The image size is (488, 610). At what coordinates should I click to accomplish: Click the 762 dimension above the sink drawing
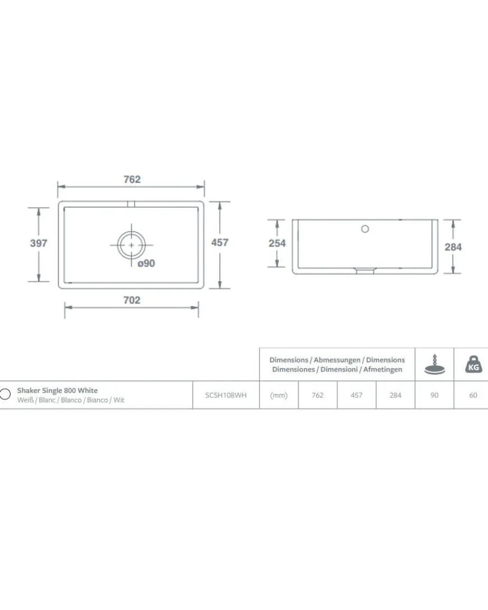click(x=132, y=180)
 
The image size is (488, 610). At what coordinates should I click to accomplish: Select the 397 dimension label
click(x=39, y=243)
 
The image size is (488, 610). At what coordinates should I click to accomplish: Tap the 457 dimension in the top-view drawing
click(x=220, y=242)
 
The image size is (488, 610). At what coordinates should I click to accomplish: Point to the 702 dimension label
click(x=132, y=300)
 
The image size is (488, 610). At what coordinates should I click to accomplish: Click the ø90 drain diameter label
click(x=146, y=263)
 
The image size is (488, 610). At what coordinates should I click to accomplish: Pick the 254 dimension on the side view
click(x=277, y=243)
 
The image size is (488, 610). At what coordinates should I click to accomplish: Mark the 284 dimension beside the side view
click(x=453, y=247)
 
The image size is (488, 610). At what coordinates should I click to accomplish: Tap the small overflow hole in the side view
click(x=365, y=229)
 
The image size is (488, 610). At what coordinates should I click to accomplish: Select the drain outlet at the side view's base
click(x=365, y=270)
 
